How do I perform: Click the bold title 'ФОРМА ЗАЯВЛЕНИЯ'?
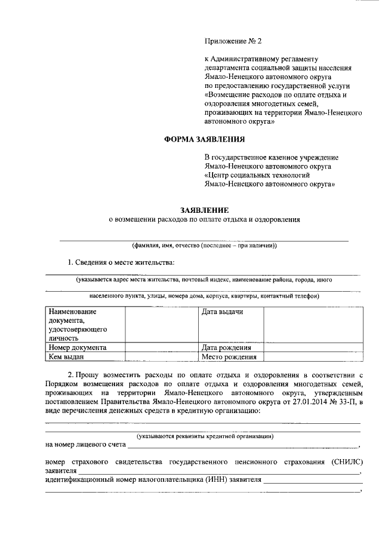[x=204, y=140]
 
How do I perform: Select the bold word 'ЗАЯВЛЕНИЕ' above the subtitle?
[x=205, y=210]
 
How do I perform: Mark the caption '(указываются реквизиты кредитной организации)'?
[x=205, y=436]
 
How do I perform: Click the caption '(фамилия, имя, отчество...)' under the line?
[x=204, y=246]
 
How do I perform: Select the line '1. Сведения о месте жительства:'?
[x=121, y=262]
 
